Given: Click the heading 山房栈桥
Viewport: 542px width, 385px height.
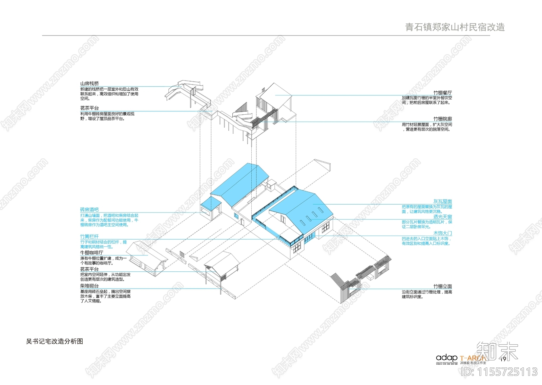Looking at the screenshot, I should point(89,84).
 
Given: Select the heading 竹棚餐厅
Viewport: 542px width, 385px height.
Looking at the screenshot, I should point(442,93).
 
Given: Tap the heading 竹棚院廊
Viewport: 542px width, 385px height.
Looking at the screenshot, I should point(442,119).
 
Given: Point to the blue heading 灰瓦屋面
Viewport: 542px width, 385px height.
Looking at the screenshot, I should point(442,202).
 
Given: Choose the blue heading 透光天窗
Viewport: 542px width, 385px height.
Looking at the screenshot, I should point(442,217).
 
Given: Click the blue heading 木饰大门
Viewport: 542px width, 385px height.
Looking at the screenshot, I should point(442,233).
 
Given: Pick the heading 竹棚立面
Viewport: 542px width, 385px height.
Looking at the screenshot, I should point(442,287).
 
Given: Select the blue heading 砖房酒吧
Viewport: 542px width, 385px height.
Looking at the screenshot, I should point(89,210).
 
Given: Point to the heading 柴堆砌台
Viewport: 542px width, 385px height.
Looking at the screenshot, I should point(89,286).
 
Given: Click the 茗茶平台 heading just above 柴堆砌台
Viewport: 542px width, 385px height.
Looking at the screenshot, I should point(89,269).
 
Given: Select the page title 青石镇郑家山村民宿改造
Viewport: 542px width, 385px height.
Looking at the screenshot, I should point(455,27).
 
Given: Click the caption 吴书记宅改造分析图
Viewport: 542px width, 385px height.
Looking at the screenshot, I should point(55,341).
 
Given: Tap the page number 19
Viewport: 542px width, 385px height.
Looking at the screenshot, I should point(503,359).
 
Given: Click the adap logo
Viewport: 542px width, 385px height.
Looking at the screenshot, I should point(446,358).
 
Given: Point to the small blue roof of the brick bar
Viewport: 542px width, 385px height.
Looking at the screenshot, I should point(210,203).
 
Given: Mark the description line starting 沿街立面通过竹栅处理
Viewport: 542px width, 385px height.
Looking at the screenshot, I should point(427,292).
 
